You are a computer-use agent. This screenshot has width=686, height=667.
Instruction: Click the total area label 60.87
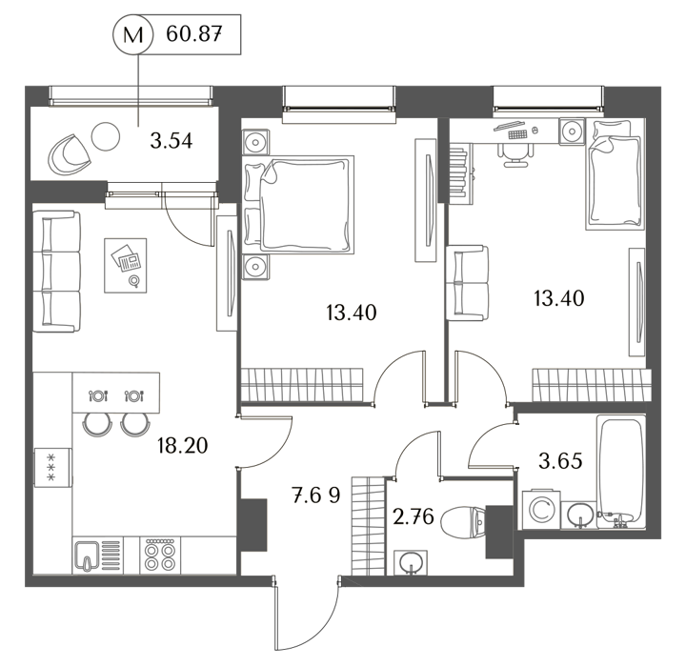193,33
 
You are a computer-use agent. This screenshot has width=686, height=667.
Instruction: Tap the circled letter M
133,34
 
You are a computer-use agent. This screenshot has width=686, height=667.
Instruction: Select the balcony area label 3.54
171,141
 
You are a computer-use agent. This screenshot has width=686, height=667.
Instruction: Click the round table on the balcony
106,136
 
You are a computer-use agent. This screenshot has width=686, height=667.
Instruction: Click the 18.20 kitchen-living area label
182,446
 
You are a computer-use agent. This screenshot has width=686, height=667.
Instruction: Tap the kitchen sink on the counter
88,556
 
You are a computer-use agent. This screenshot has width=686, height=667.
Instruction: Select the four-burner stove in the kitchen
160,555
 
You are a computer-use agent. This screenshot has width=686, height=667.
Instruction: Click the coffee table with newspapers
125,265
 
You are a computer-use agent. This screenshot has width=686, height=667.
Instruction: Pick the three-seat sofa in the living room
57,272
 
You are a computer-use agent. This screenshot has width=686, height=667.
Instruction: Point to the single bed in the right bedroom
615,174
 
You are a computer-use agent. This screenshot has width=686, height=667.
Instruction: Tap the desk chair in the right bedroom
515,155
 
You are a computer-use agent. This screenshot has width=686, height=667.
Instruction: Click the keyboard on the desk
517,134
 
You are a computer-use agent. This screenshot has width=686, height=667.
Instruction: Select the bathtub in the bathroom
621,471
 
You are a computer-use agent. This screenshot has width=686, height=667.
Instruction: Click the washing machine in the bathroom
541,510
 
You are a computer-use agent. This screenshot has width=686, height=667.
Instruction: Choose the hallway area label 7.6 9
316,495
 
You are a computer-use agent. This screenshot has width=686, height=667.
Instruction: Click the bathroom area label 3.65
560,461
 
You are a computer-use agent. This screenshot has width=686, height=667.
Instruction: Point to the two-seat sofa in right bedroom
467,283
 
